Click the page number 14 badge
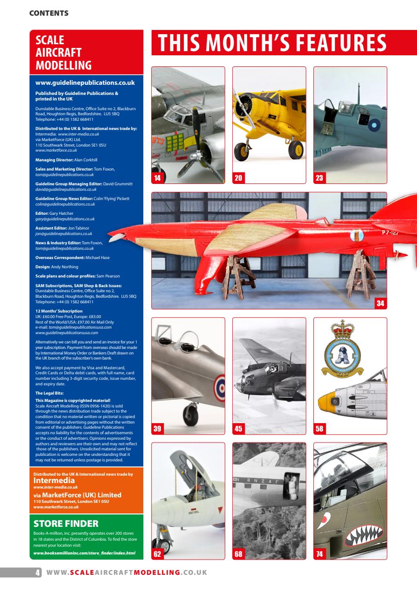(x=157, y=178)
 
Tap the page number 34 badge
(x=380, y=304)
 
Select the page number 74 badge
(x=319, y=554)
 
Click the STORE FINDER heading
(x=66, y=523)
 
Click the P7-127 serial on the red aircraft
(x=393, y=232)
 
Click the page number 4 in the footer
(x=38, y=572)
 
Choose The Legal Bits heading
(x=49, y=393)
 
